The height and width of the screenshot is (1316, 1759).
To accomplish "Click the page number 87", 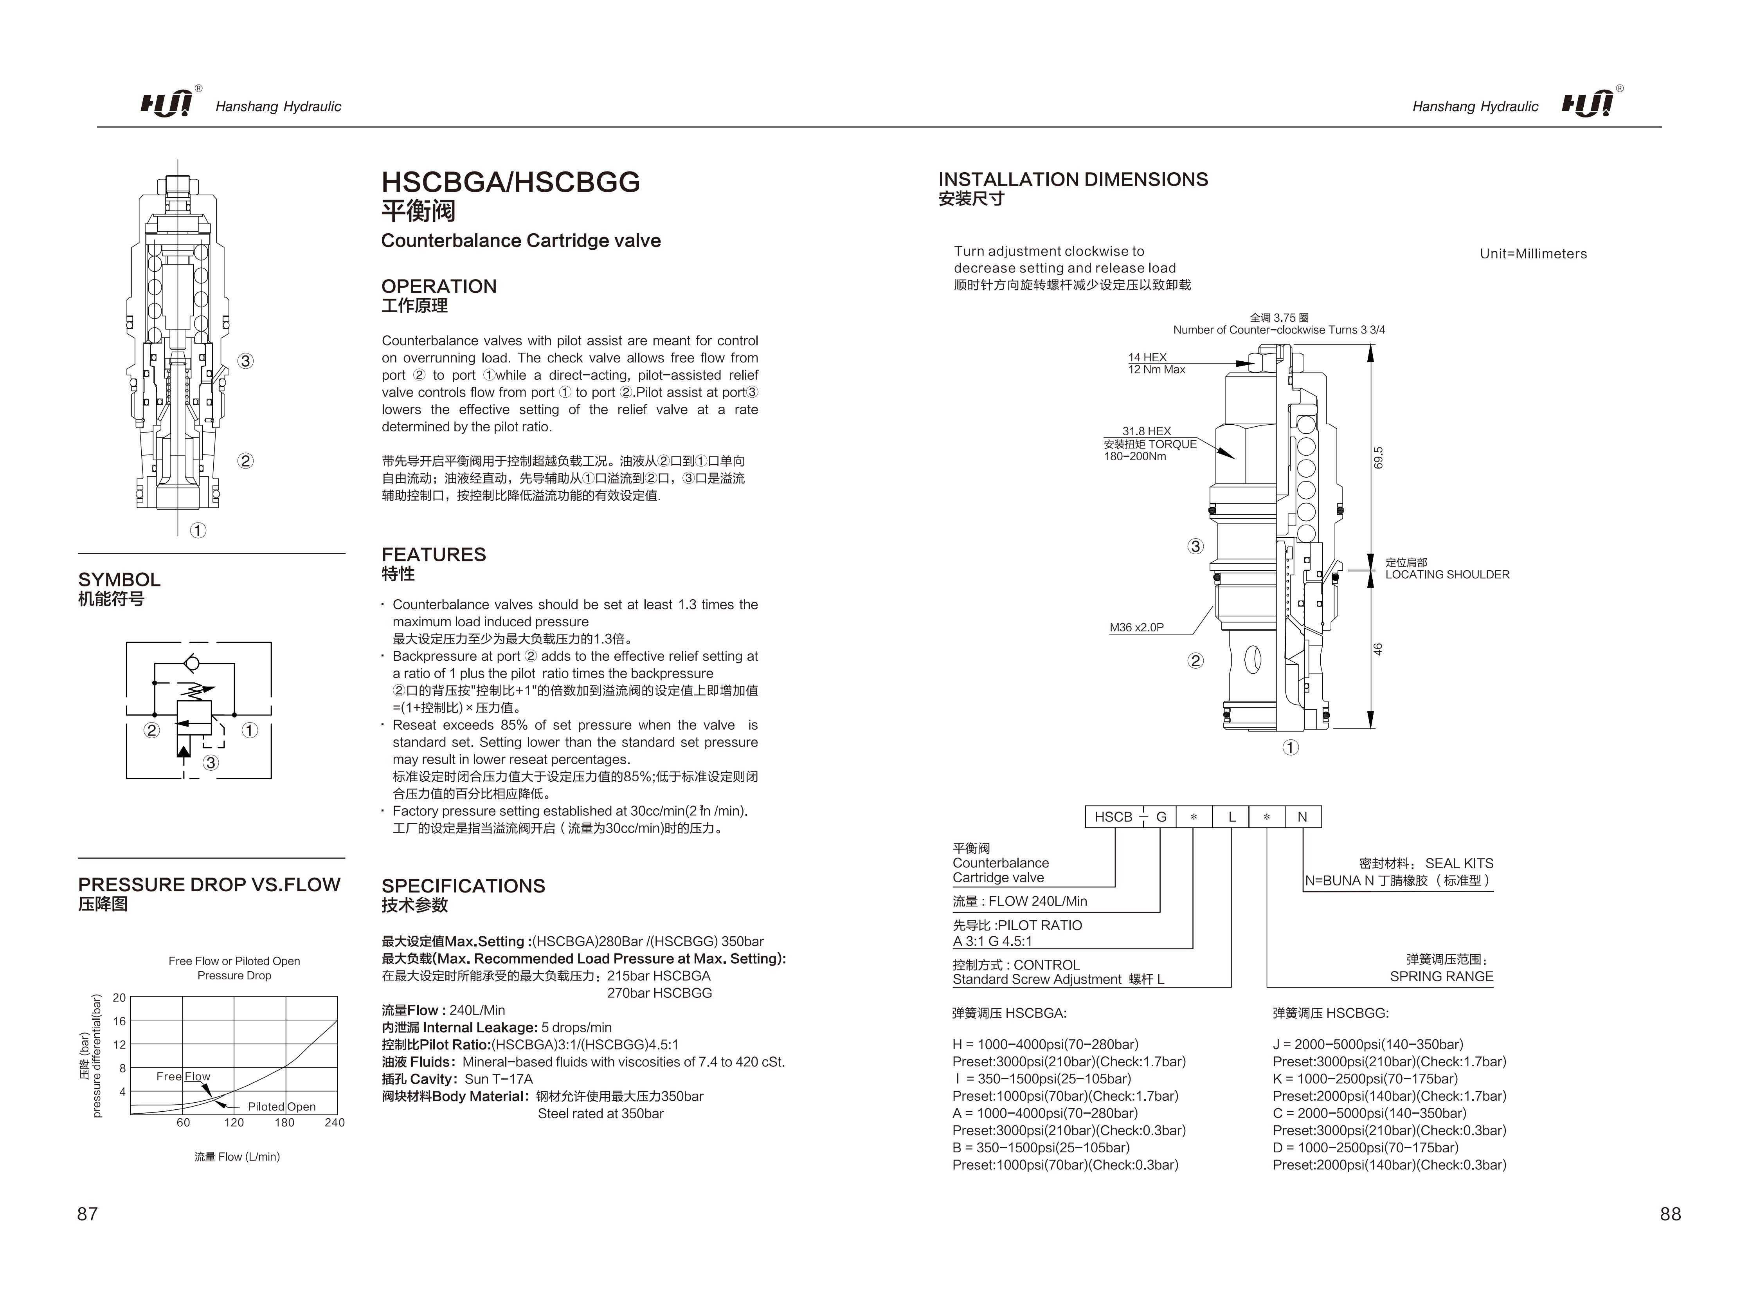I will (x=88, y=1213).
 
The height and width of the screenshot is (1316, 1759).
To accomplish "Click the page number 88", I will (x=1670, y=1213).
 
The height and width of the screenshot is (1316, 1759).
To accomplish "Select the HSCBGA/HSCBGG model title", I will (x=511, y=182).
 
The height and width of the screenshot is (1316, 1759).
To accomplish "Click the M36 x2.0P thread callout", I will (x=1136, y=628).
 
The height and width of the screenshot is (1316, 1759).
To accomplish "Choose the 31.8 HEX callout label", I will (x=1147, y=431).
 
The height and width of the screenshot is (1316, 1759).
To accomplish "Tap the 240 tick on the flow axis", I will (x=335, y=1123).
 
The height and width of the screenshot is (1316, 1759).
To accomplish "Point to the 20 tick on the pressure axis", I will (x=119, y=998).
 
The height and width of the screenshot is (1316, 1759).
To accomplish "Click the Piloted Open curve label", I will (x=281, y=1107).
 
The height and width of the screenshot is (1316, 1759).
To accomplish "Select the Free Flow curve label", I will (x=183, y=1076).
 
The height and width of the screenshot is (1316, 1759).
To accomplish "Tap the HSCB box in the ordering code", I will (x=1113, y=817).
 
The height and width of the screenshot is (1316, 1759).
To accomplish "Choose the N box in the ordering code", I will (x=1303, y=817).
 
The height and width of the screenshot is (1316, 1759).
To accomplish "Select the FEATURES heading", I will (x=433, y=555).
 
